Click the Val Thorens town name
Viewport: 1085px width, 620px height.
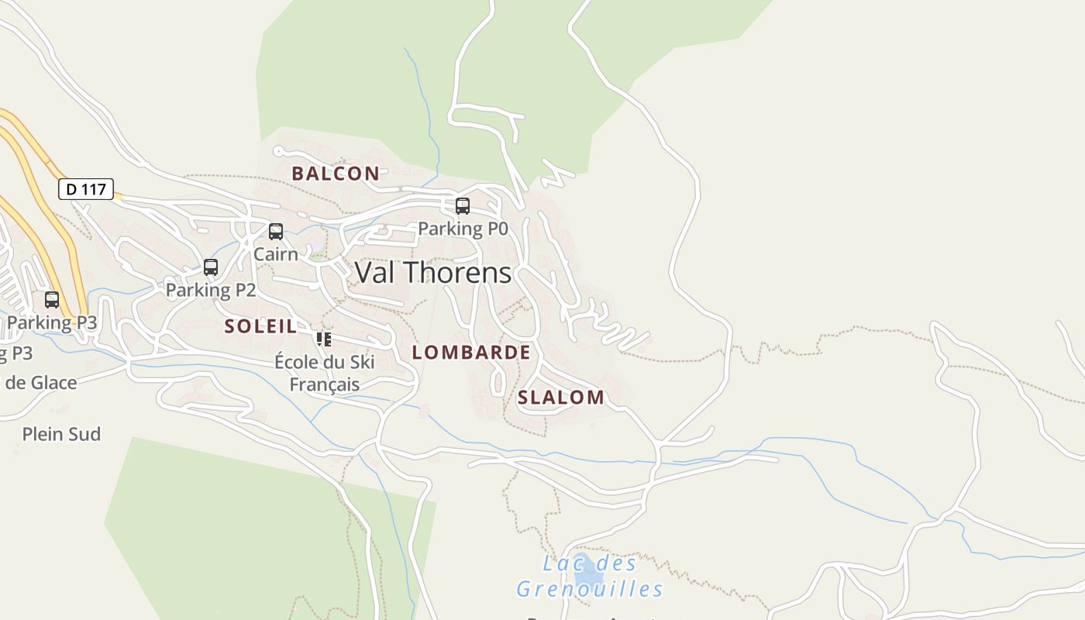point(432,273)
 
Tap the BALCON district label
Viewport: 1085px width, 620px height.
point(336,174)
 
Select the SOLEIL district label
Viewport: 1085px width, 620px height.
point(260,326)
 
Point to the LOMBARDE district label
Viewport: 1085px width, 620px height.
point(471,353)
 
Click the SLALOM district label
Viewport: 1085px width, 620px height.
point(561,398)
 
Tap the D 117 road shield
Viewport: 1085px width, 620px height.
point(86,188)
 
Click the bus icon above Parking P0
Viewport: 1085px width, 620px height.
point(463,206)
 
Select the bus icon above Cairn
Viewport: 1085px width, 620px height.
point(275,232)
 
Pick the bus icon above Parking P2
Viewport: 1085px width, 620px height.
point(211,267)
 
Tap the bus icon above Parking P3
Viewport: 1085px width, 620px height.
point(52,300)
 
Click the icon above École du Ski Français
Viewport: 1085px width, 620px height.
point(324,339)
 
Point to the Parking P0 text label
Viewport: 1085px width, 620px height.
point(463,229)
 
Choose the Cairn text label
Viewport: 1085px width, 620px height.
point(275,253)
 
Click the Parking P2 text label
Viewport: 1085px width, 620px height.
point(211,290)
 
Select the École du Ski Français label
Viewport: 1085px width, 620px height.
point(325,373)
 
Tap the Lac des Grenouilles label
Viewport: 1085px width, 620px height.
point(590,577)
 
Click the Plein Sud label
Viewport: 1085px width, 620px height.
point(61,434)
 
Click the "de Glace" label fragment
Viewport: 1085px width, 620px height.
point(42,382)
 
